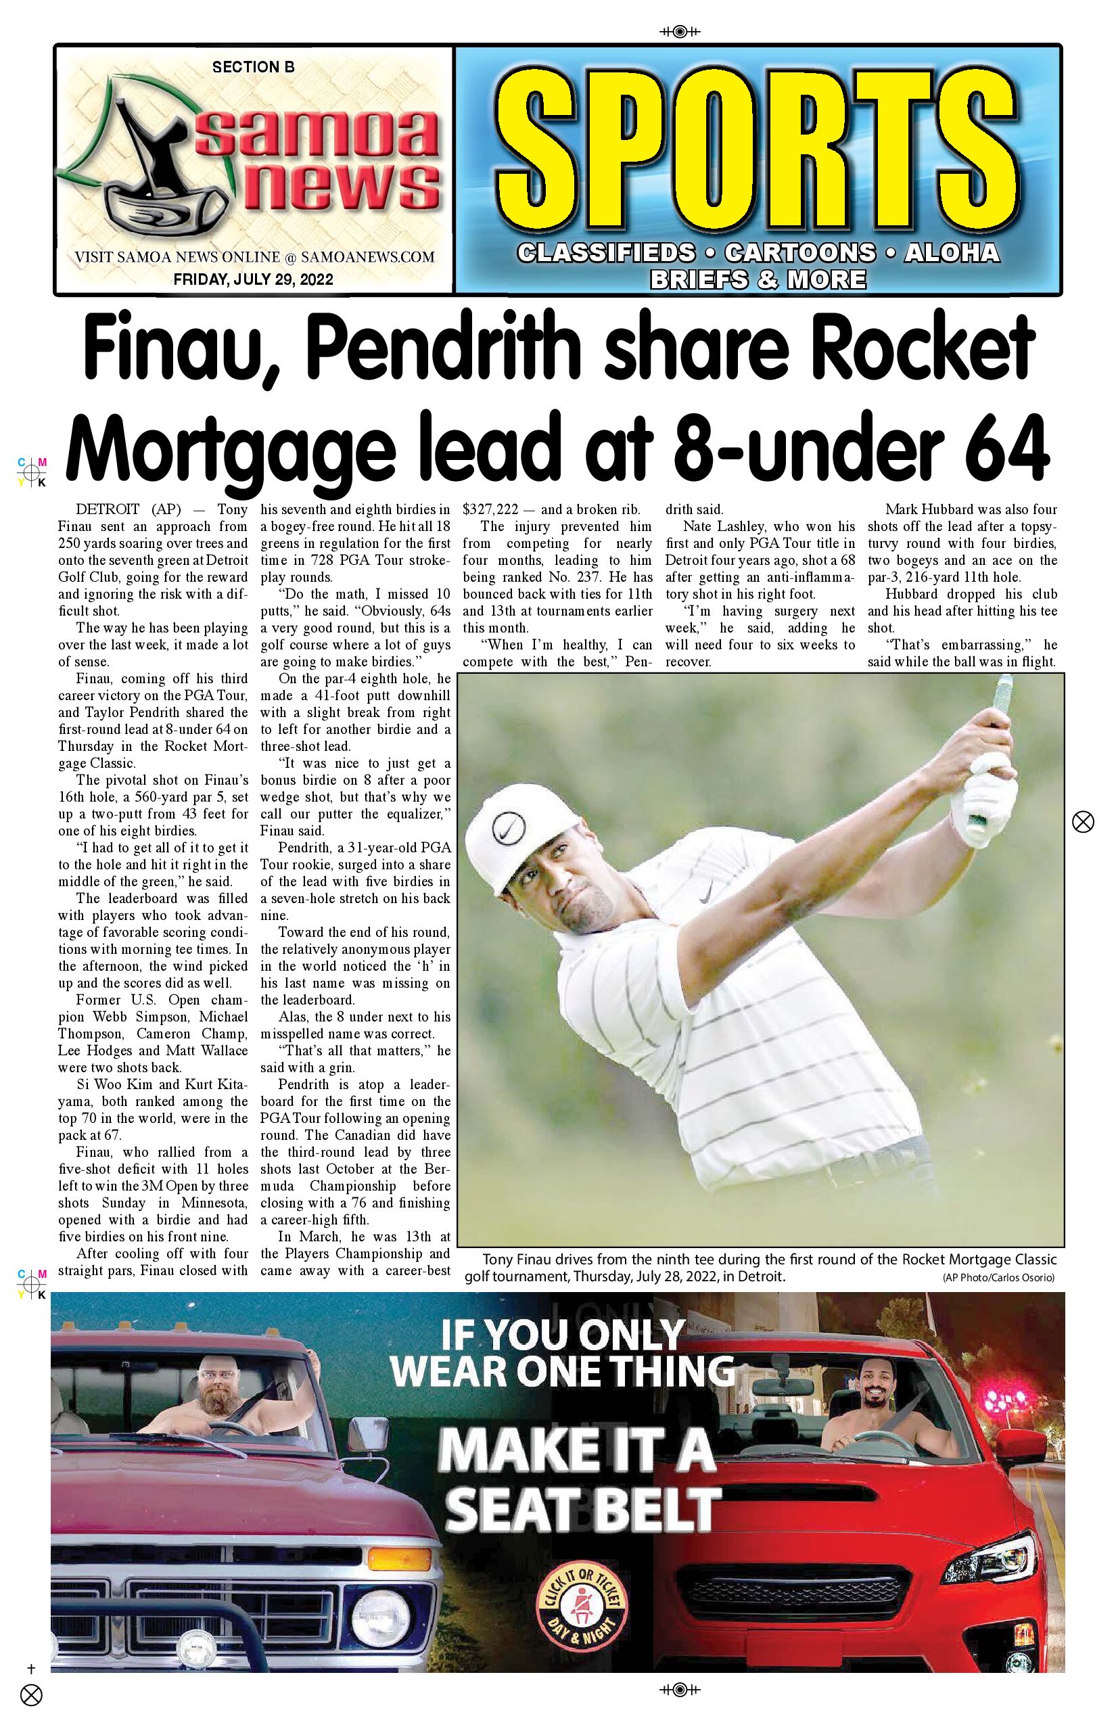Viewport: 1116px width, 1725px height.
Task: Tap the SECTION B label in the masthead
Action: click(x=253, y=68)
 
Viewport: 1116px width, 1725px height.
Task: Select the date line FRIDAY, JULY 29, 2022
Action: click(x=253, y=279)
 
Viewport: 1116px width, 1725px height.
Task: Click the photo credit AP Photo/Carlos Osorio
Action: click(x=998, y=1278)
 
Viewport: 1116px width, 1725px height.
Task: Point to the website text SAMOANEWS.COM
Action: click(x=367, y=256)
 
